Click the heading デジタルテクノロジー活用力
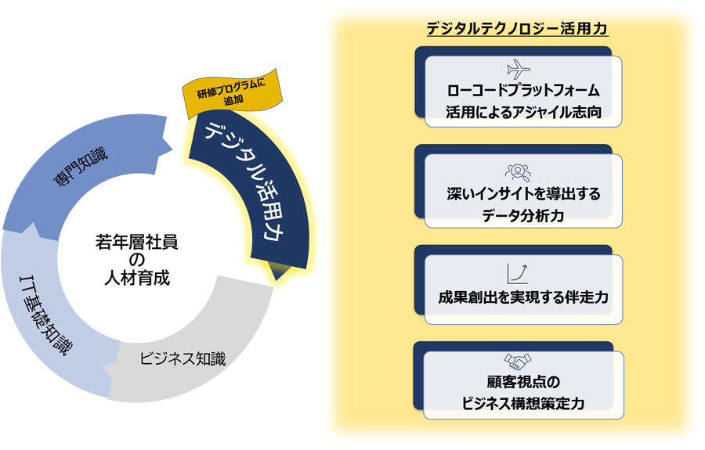coord(517,29)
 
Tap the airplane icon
coord(518,68)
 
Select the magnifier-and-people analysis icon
coord(518,172)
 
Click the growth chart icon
coord(518,272)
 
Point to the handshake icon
coord(518,362)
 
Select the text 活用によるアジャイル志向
coord(523,111)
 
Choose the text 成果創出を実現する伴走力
coord(523,297)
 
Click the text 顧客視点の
coord(523,383)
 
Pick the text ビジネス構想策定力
coord(523,404)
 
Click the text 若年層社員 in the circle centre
coord(136,243)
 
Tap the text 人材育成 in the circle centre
coord(136,279)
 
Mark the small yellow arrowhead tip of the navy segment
coord(279,272)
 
